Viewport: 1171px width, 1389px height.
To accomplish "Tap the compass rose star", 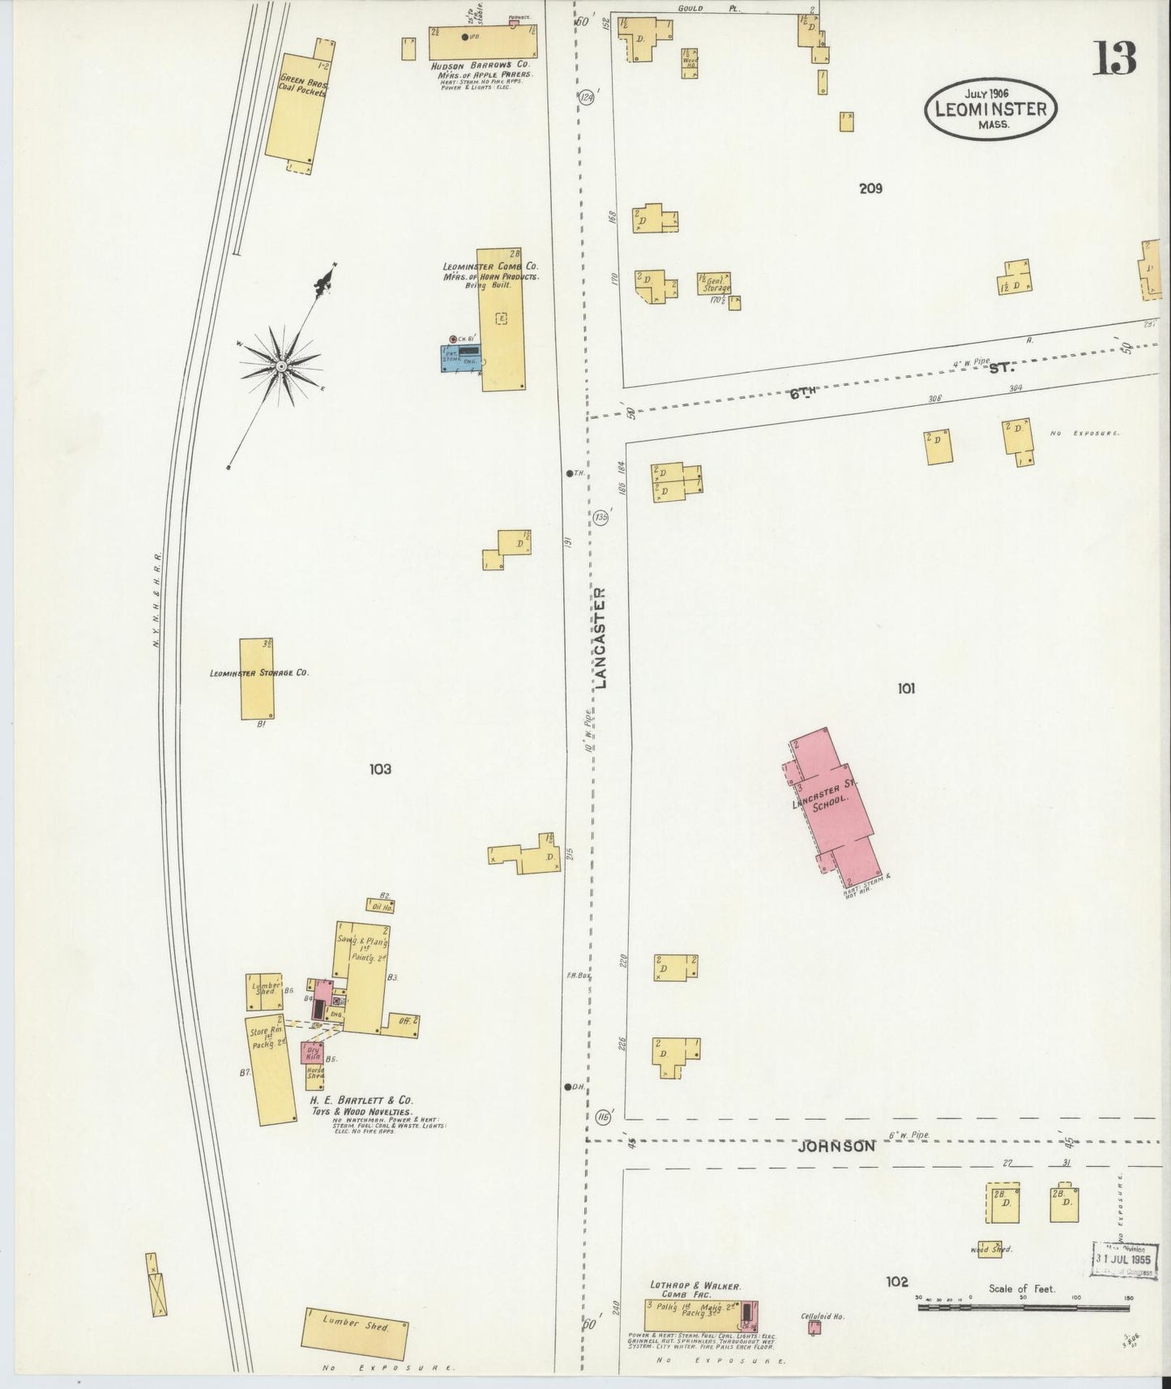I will pos(280,367).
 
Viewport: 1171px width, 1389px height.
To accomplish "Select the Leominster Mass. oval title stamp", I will pos(989,108).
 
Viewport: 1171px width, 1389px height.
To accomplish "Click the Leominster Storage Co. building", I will pos(256,678).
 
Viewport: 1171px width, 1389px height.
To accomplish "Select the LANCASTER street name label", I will pos(600,637).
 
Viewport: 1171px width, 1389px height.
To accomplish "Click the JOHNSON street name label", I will pos(836,1147).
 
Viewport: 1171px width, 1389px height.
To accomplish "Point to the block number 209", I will pos(870,189).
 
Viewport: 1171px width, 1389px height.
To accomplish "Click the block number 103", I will pos(379,769).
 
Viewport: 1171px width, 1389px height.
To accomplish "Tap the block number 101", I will pos(906,689).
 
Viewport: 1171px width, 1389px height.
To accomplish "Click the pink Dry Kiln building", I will pos(313,1054).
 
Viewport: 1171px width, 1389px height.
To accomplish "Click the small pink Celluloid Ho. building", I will pos(811,1329).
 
